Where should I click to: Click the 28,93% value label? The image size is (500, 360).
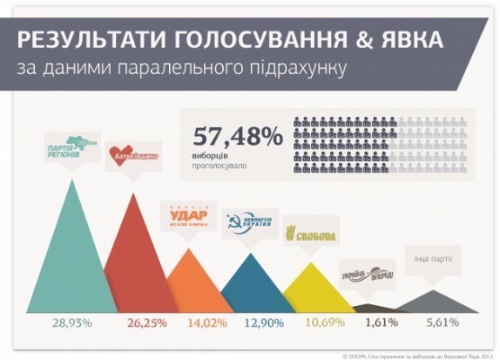coord(72,322)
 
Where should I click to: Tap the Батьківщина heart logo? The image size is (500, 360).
coord(133,156)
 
